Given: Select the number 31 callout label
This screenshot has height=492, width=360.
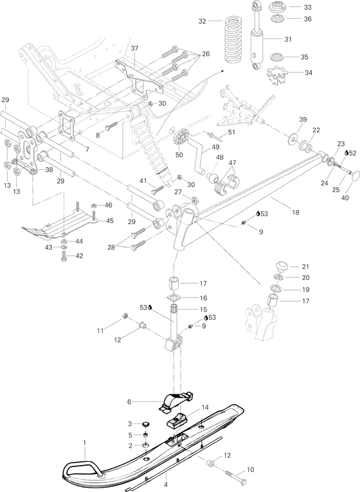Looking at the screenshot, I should coord(287,39).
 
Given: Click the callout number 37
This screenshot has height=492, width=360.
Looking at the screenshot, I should coord(134,49).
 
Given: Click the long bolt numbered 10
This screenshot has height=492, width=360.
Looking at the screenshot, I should coord(237,479).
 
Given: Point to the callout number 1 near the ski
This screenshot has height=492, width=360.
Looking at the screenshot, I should coord(84,443).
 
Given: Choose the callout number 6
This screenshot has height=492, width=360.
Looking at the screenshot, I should coord(129,401).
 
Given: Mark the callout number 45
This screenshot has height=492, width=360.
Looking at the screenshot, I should coord(109,221).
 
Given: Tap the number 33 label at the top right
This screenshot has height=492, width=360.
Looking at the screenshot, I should coord(307,7).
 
